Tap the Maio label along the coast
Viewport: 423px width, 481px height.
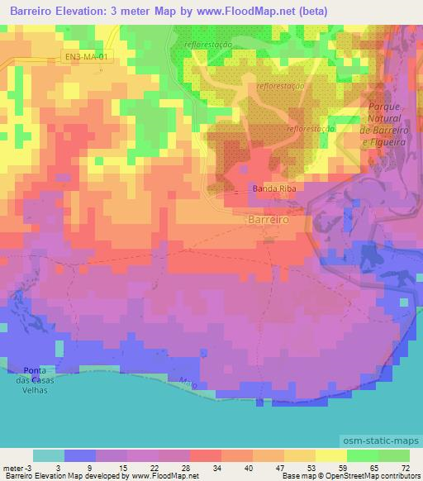(188, 383)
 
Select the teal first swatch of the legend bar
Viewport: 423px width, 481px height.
(49, 455)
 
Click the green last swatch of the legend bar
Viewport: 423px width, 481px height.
(394, 455)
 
